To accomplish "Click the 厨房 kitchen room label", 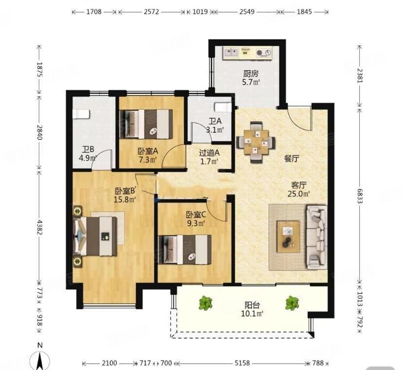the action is pos(250,74).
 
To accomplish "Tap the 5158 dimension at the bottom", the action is pos(242,363).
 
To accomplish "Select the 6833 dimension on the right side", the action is pos(360,195).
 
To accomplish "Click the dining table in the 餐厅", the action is pos(256,142).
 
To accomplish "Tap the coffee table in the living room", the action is pos(289,236).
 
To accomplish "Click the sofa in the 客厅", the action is pos(317,237).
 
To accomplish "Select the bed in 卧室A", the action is pos(146,124).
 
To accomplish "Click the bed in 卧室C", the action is pos(185,250).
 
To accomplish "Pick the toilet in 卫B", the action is pos(81,114).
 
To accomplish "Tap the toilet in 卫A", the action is pos(223,107).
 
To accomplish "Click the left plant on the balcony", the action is pos(205,303).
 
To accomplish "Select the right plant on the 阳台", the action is pos(292,303).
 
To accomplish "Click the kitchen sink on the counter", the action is pos(231,53).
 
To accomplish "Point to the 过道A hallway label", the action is pos(209,153).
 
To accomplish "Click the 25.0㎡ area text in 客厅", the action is pos(299,194).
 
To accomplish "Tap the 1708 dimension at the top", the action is pos(94,12).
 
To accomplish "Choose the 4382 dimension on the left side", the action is pos(39,227).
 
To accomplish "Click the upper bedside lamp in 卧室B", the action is pos(77,211).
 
